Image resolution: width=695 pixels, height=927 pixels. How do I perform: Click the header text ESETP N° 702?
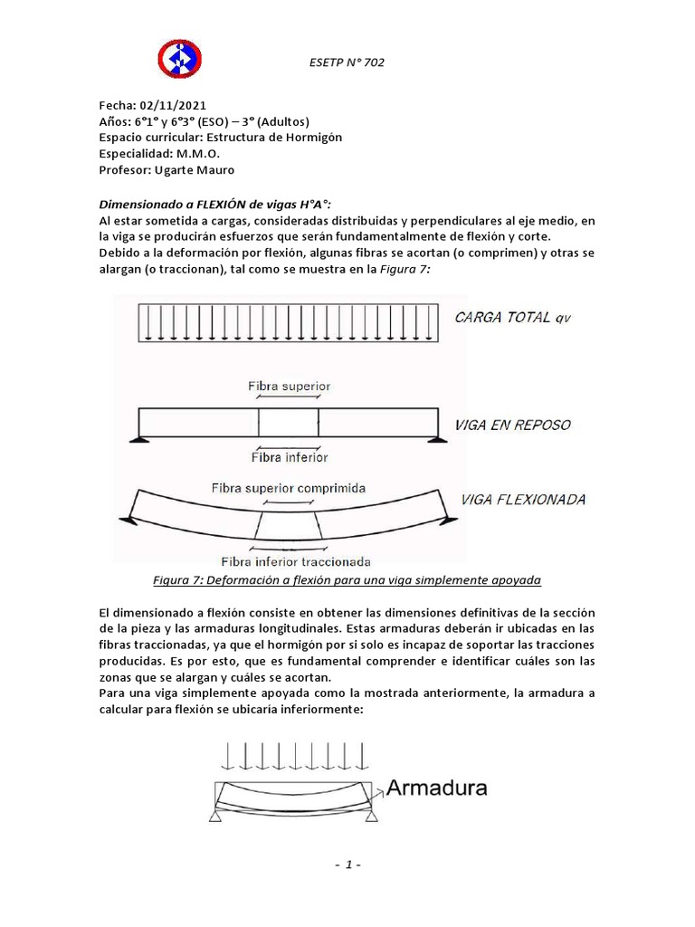[347, 62]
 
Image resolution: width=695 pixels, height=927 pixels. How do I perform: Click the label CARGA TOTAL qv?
[514, 317]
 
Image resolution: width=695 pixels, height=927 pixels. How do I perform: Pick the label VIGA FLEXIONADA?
[523, 500]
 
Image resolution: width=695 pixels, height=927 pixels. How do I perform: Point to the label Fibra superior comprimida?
[288, 487]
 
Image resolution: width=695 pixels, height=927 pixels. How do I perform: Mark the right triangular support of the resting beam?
[439, 439]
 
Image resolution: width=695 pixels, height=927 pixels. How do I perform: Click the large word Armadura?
[437, 788]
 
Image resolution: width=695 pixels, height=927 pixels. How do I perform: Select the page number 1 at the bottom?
[347, 865]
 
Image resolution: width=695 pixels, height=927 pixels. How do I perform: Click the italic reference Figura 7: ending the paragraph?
[405, 270]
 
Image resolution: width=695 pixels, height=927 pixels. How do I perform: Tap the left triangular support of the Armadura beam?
[216, 817]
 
